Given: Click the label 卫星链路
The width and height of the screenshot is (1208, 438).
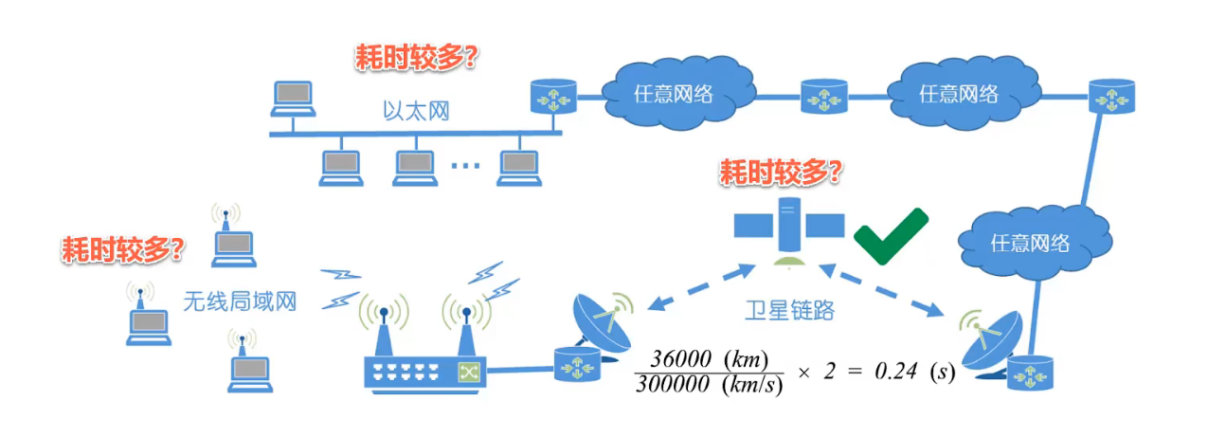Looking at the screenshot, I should (x=788, y=310).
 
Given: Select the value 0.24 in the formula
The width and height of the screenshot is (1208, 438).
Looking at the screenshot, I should (x=892, y=373).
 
